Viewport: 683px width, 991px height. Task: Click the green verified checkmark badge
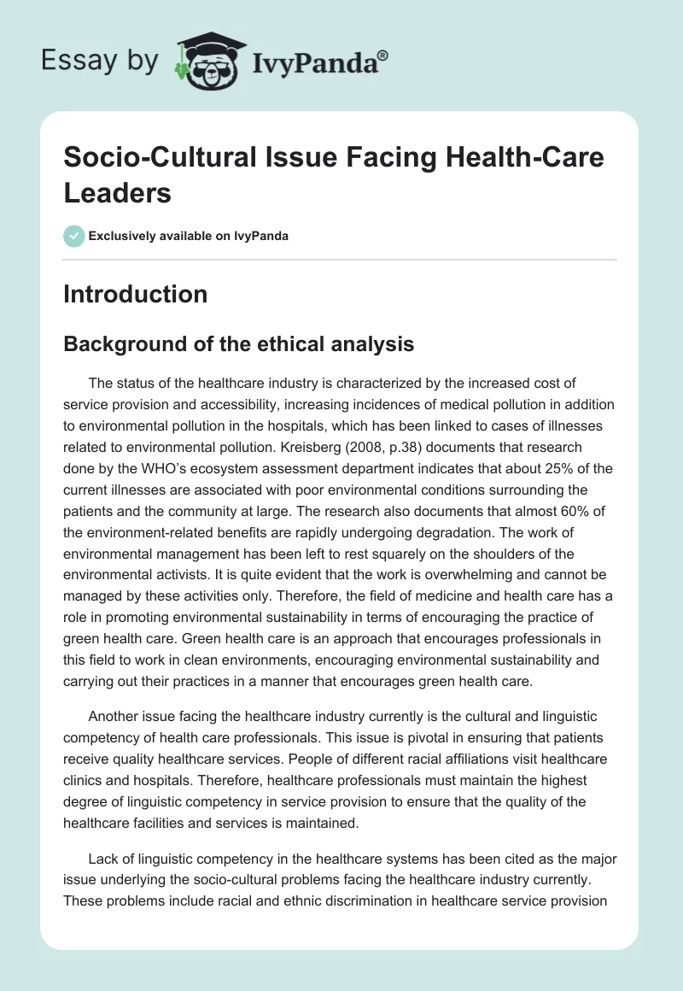click(x=73, y=236)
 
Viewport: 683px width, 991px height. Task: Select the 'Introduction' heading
click(x=135, y=294)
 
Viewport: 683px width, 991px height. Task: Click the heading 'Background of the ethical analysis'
click(x=239, y=344)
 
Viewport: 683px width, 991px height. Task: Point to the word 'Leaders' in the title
click(x=117, y=193)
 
